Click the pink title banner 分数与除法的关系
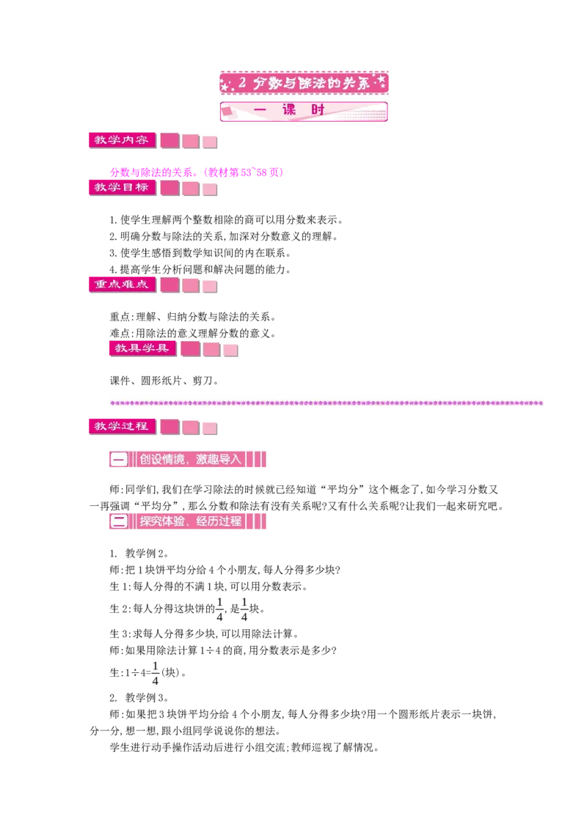(x=304, y=83)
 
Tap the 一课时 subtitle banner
(x=304, y=111)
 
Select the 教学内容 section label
(x=122, y=140)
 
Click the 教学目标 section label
(x=122, y=188)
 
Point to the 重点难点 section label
(x=122, y=284)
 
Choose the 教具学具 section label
(x=142, y=348)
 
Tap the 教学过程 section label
(x=122, y=427)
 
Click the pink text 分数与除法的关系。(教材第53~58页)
(x=197, y=172)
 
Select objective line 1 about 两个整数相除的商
(x=226, y=220)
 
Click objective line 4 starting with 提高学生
(x=200, y=269)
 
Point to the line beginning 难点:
(x=192, y=333)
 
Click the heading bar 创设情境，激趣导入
(x=188, y=459)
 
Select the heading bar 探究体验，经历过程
(x=188, y=521)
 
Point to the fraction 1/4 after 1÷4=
(x=156, y=673)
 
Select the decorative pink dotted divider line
(x=327, y=403)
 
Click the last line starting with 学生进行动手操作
(x=244, y=747)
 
